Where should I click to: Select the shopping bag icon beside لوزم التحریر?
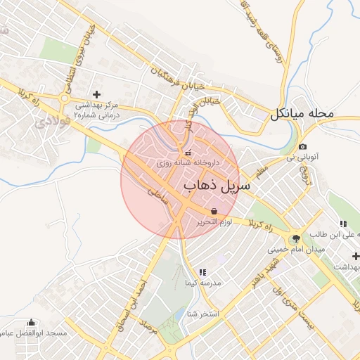tap(213, 210)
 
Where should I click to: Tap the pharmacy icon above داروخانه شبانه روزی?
tap(187, 153)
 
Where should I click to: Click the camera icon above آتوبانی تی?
tap(302, 146)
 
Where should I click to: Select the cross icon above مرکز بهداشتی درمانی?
tap(96, 94)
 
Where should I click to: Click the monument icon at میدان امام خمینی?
tap(295, 239)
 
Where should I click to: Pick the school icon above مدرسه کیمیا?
tap(202, 271)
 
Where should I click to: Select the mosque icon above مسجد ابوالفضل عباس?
tap(31, 323)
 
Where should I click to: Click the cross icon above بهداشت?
tap(356, 256)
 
